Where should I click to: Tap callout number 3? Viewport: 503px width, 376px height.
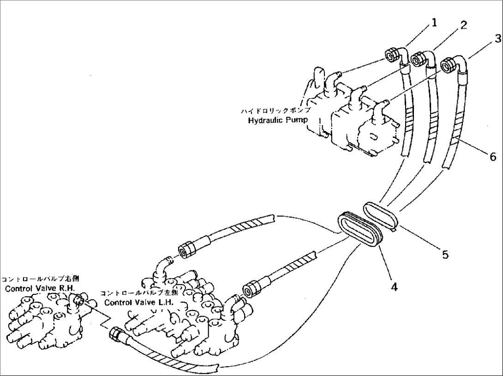click(x=497, y=39)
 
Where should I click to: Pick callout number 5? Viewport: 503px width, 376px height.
click(x=445, y=254)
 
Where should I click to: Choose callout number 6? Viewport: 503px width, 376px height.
click(x=493, y=157)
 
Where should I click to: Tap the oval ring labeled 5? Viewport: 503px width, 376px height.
click(x=381, y=214)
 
